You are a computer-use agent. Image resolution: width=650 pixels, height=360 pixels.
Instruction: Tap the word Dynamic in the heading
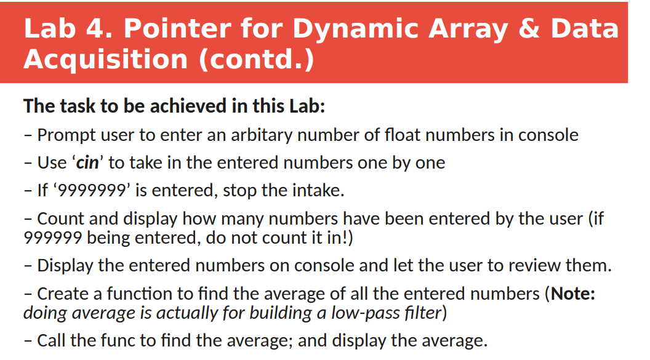pyautogui.click(x=359, y=29)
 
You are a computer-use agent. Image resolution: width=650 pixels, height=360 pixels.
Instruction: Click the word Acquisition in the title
pyautogui.click(x=105, y=59)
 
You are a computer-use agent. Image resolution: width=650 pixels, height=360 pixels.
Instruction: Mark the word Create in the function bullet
pyautogui.click(x=64, y=294)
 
